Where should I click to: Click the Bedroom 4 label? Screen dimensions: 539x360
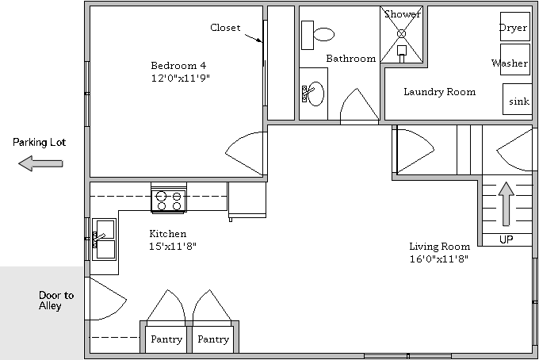178,65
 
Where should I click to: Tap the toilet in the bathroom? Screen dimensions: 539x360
318,35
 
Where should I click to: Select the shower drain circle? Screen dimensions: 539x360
402,33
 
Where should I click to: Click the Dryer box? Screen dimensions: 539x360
514,27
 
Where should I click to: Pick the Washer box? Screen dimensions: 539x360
514,59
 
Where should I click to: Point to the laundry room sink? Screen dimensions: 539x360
518,99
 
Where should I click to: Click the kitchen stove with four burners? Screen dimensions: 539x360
169,201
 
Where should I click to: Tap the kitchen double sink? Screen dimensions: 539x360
104,239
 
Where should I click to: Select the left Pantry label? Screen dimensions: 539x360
166,339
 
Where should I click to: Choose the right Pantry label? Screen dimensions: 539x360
213,339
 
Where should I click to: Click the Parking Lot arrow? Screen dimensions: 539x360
40,163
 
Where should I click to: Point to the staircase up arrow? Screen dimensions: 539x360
506,204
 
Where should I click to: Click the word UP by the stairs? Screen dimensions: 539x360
506,239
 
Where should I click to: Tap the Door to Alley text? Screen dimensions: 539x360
56,301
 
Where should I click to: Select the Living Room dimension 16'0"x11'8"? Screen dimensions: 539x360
439,259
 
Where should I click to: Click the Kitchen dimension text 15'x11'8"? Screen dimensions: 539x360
173,246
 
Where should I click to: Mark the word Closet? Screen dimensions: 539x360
225,28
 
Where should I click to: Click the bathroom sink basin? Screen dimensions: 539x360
315,94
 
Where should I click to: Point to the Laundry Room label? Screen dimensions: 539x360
440,92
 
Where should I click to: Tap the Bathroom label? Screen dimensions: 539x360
351,59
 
